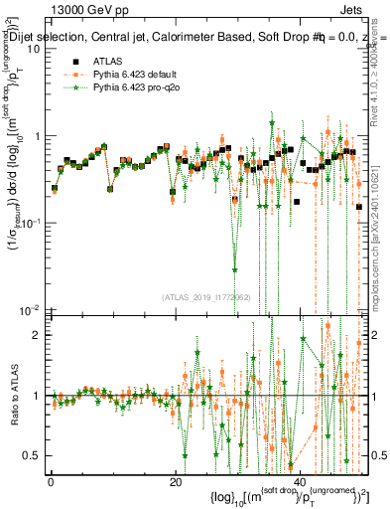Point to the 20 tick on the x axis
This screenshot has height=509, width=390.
177,480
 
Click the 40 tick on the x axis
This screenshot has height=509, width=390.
303,480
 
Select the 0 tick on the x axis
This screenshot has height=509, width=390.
51,480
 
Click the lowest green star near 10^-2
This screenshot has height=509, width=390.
235,268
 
